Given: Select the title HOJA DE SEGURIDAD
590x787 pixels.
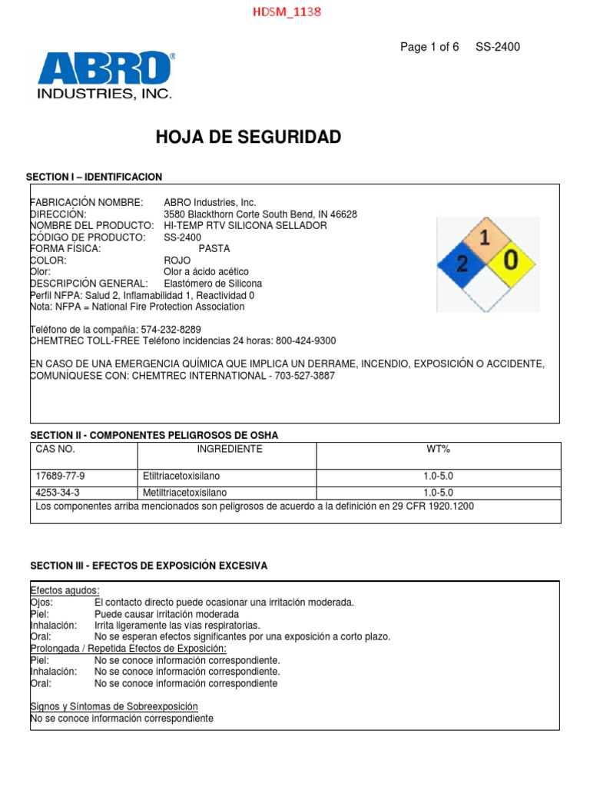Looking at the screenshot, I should pyautogui.click(x=248, y=138).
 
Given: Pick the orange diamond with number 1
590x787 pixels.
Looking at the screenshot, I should pyautogui.click(x=485, y=239).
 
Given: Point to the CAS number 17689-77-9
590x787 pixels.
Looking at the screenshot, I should pyautogui.click(x=61, y=477).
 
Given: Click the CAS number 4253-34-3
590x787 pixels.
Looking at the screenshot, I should pyautogui.click(x=58, y=493).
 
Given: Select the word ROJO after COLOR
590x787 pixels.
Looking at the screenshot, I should pyautogui.click(x=177, y=261).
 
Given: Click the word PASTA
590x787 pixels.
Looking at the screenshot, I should pyautogui.click(x=214, y=249).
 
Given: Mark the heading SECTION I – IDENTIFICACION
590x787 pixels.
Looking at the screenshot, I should pyautogui.click(x=94, y=178).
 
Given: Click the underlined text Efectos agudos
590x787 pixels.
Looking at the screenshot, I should pyautogui.click(x=65, y=590).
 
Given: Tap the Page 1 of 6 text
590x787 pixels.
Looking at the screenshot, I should pyautogui.click(x=429, y=47).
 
